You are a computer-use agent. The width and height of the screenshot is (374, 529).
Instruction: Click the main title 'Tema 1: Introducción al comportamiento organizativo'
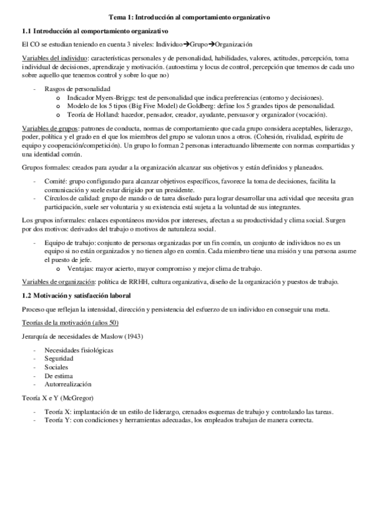pyautogui.click(x=187, y=18)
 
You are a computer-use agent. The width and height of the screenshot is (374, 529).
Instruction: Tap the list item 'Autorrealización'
pyautogui.click(x=67, y=384)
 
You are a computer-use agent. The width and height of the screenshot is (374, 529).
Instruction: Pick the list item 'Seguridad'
pyautogui.click(x=59, y=359)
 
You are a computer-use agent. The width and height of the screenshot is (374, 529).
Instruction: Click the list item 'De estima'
pyautogui.click(x=59, y=376)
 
